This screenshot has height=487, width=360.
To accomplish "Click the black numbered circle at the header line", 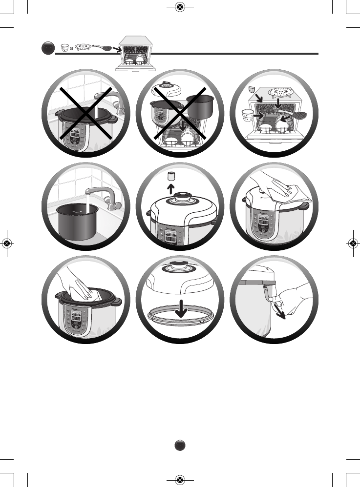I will (x=48, y=49).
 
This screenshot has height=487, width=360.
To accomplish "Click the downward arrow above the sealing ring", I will (x=181, y=307).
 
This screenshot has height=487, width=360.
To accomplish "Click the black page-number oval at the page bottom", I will (x=180, y=445).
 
